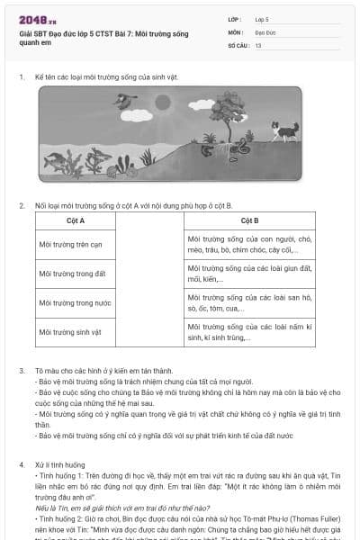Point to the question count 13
point(258,45)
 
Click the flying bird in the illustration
point(119,100)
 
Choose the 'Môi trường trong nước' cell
point(75,303)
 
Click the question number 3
point(22,371)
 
